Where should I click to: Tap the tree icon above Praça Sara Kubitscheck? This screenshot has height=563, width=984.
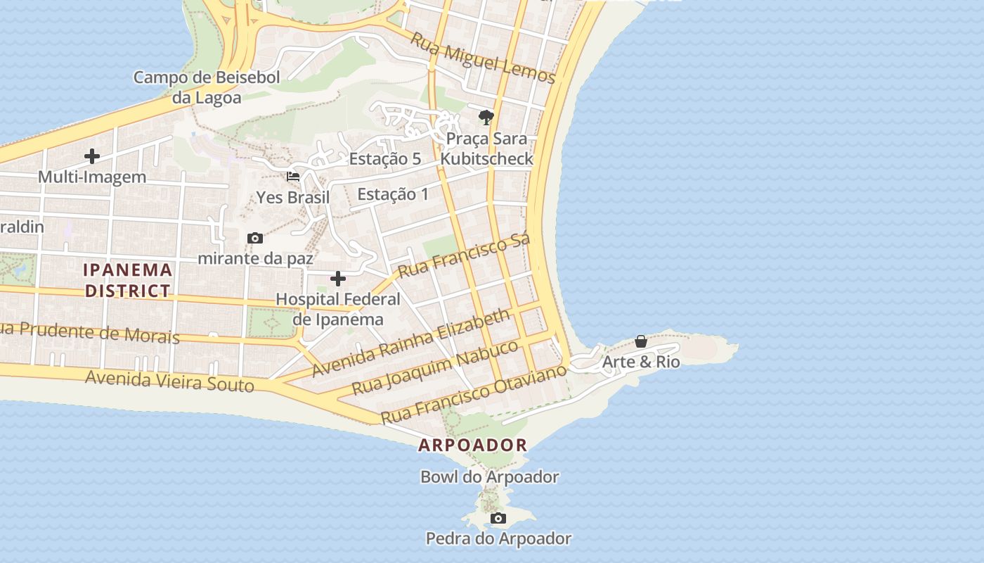tap(486, 118)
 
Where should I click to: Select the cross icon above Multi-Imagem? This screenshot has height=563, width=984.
tap(92, 156)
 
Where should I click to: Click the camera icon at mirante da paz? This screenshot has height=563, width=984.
tap(255, 239)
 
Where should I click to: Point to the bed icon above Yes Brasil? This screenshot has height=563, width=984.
tap(293, 177)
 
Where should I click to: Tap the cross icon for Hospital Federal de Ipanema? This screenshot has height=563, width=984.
tap(338, 279)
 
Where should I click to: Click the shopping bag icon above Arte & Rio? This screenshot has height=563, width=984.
tap(641, 341)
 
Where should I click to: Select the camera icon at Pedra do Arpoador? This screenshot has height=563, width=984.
tap(498, 519)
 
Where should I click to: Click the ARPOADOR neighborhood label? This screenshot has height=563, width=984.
tap(472, 445)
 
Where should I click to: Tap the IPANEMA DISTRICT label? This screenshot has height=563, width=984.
tap(127, 279)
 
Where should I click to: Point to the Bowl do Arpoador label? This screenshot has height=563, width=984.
tap(489, 476)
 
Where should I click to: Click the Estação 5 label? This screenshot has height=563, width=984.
tap(384, 159)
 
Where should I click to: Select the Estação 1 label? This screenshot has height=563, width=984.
tap(392, 194)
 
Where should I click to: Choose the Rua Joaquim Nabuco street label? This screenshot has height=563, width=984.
tap(434, 367)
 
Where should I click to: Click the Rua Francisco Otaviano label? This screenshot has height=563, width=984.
tap(473, 393)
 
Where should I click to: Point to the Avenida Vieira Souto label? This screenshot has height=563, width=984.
tap(169, 381)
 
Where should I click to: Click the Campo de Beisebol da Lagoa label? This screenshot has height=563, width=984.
tap(207, 87)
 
